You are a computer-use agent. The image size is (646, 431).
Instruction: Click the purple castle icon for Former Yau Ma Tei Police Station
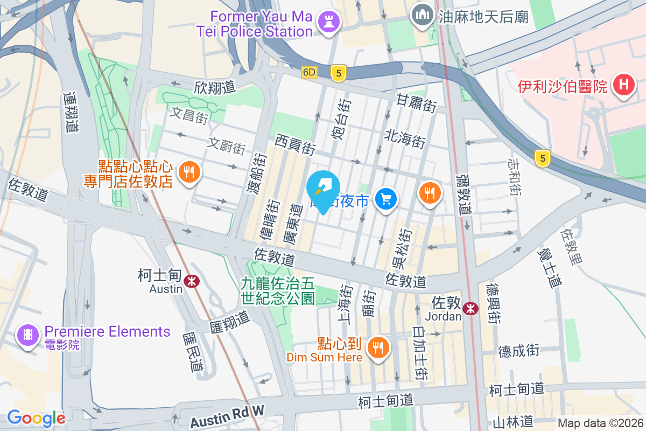pos(326,22)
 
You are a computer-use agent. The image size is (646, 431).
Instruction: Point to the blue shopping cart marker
pos(385,199)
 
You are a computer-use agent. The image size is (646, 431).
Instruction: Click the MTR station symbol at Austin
pos(191,281)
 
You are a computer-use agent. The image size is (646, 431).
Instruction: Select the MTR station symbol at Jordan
pos(471,309)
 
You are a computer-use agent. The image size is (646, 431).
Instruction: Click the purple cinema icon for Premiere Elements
pos(27,336)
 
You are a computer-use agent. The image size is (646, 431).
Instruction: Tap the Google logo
pos(36,418)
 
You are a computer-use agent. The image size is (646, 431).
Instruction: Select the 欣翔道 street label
pos(215,87)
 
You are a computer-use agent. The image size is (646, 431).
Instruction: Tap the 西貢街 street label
pos(294,144)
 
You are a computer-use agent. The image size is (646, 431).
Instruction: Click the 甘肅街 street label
pos(416,102)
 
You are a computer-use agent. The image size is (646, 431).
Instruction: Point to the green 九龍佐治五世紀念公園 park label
pos(278,290)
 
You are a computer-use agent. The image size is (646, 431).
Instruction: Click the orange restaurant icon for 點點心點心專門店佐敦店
pos(188,172)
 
